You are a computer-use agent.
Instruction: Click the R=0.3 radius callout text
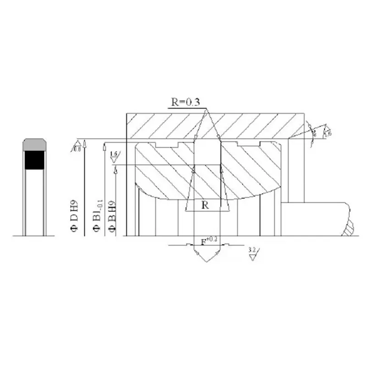click(185, 102)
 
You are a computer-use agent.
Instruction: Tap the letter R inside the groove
click(206, 206)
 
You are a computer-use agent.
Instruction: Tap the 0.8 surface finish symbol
click(77, 146)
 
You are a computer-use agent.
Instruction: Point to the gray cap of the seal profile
click(34, 144)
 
